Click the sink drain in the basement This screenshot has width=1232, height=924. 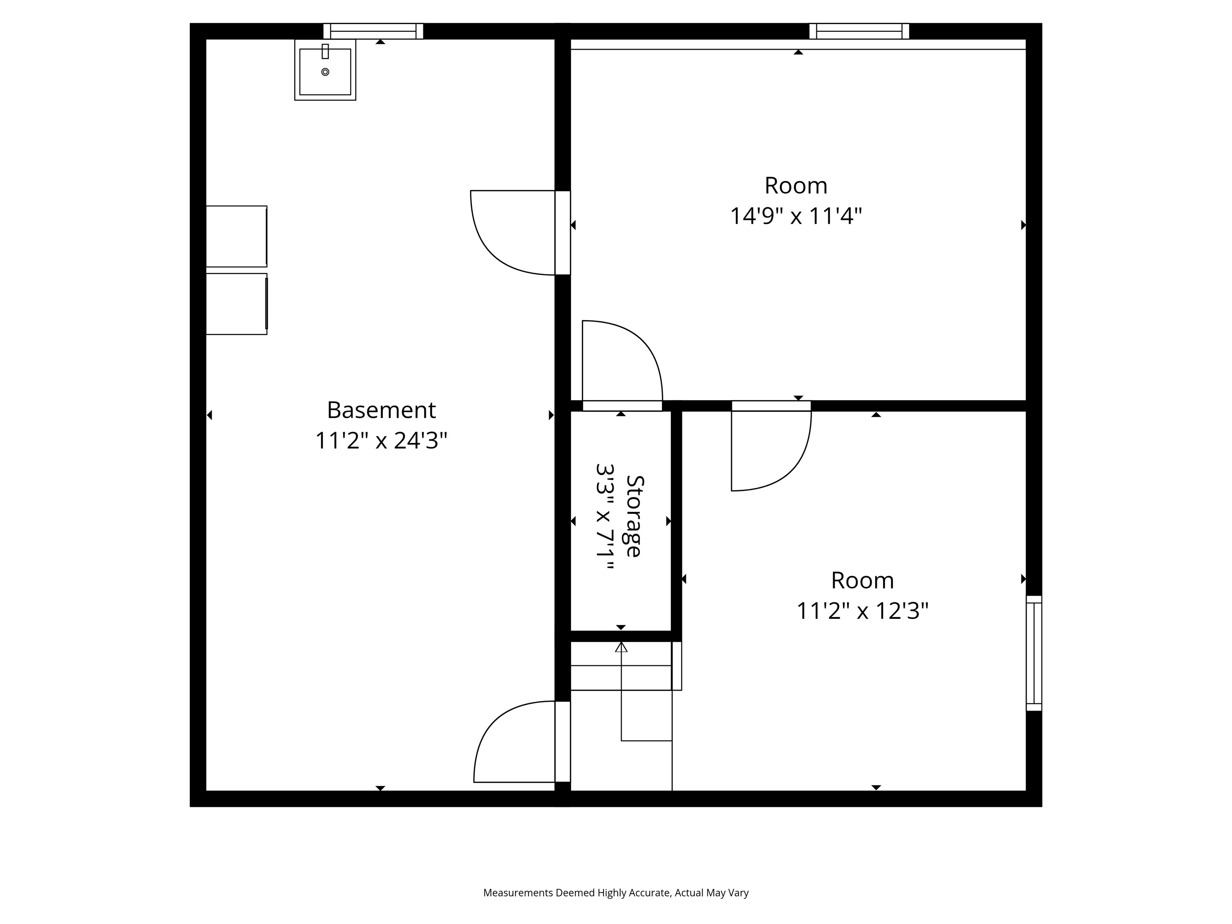(x=325, y=72)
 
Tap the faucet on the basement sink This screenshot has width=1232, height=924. (x=325, y=51)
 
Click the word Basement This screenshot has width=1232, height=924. (x=381, y=411)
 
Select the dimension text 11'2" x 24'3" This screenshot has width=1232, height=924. (x=381, y=441)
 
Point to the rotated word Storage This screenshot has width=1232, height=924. (x=634, y=516)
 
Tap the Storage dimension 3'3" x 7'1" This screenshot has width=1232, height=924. (x=605, y=517)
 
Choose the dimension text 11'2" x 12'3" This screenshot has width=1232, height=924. (x=862, y=611)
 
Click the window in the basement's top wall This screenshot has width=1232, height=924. (x=373, y=31)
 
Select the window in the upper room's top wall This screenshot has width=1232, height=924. (x=859, y=31)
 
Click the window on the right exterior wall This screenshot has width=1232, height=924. (x=1034, y=653)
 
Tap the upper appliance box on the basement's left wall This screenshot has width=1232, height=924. (x=236, y=236)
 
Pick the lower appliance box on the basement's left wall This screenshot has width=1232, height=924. (x=236, y=304)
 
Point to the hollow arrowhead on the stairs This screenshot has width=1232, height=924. (x=621, y=647)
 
